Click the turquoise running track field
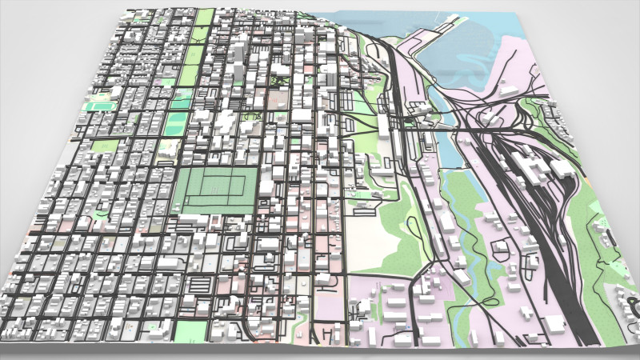[98, 105]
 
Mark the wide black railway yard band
[552, 232]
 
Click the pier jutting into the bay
[416, 40]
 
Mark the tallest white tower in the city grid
[239, 60]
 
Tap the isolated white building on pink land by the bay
[509, 90]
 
